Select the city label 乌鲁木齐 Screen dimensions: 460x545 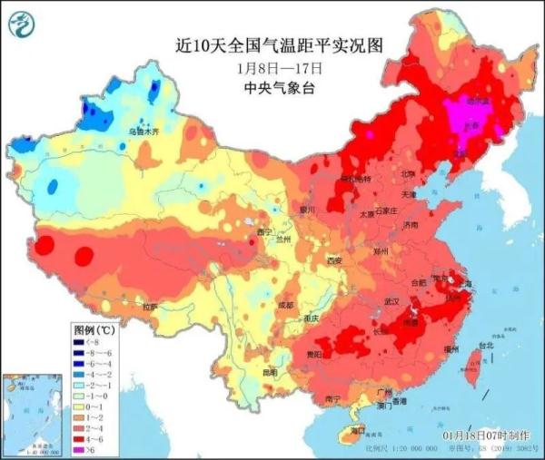144,132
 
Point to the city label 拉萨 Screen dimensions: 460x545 148,307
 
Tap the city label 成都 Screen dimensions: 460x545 286,306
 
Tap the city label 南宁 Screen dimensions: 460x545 333,399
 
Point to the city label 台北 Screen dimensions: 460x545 485,345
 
